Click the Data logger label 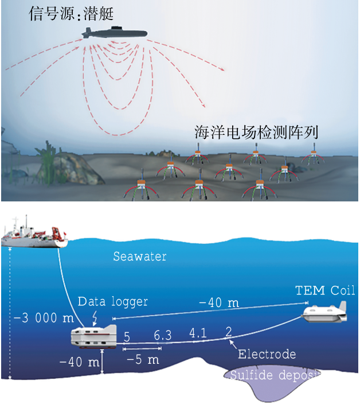pyautogui.click(x=113, y=301)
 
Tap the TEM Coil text pyautogui.click(x=325, y=290)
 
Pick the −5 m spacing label pyautogui.click(x=143, y=360)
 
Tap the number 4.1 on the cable pyautogui.click(x=198, y=332)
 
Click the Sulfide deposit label pyautogui.click(x=275, y=376)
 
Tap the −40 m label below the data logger pyautogui.click(x=79, y=363)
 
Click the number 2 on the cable pyautogui.click(x=229, y=331)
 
